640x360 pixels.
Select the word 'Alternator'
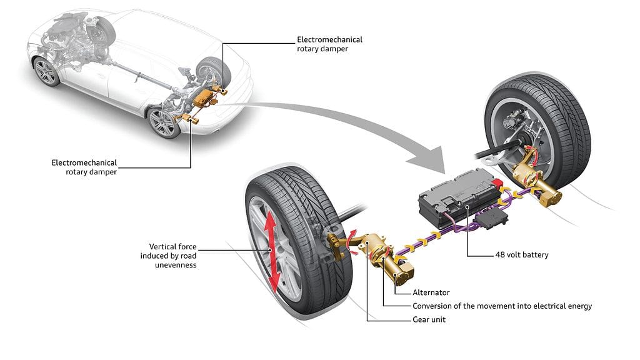click(431, 292)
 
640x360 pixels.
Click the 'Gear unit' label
click(430, 319)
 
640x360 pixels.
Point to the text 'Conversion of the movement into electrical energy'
click(502, 306)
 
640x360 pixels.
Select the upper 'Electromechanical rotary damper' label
click(329, 44)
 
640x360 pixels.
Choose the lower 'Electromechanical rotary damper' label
click(84, 167)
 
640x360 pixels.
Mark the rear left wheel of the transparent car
click(164, 122)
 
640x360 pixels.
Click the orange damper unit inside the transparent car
click(204, 99)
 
